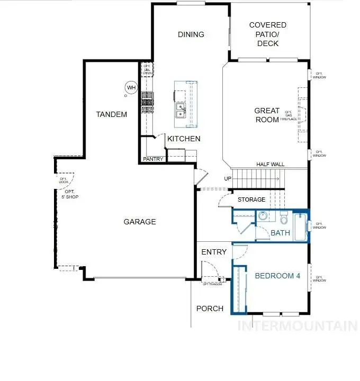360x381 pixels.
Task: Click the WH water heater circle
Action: coord(130,87)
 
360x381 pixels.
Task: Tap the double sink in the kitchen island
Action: coord(181,110)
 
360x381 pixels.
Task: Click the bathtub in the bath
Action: coord(300,226)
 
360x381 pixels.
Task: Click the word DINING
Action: coord(191,34)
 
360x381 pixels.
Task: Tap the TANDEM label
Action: coord(111,114)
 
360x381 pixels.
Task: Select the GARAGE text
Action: coord(140,222)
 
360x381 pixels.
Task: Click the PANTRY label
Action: coord(154,159)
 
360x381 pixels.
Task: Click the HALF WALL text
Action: coord(271,165)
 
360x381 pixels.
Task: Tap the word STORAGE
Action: coord(251,199)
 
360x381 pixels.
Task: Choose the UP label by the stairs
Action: coord(228,178)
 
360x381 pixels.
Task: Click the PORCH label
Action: coord(210,309)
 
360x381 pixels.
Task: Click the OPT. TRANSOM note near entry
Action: coord(212,284)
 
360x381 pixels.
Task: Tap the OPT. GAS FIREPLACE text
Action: coord(289,116)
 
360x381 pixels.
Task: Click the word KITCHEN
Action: coord(184,139)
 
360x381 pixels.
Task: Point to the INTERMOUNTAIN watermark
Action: coord(298,325)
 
